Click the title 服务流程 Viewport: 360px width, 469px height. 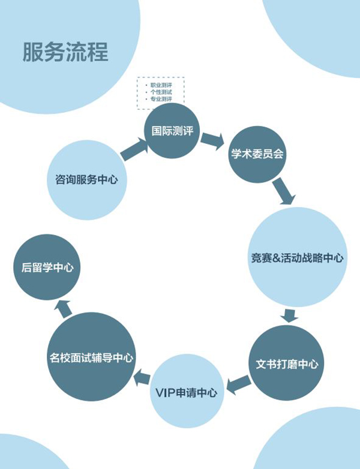65,52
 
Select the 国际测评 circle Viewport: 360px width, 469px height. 172,131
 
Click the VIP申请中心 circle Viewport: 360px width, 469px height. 185,392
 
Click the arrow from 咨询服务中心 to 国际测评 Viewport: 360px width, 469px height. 134,149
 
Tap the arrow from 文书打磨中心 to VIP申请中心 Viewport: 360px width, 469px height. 238,380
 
